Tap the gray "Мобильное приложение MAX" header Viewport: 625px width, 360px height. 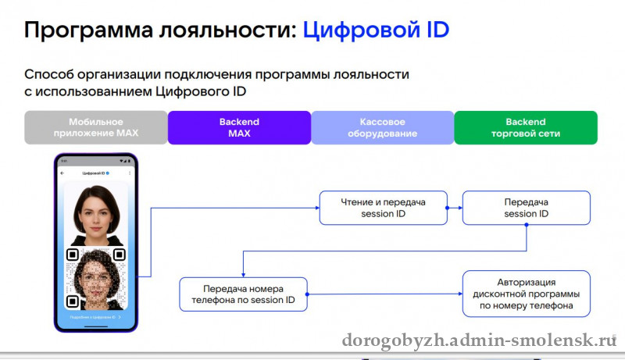(x=96, y=127)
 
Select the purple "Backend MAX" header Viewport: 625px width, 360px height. (x=239, y=127)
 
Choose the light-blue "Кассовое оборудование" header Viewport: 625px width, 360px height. (x=383, y=127)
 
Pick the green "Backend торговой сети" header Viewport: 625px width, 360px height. (x=525, y=127)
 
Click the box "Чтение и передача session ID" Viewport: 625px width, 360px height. (x=383, y=208)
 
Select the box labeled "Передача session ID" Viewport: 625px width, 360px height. (x=526, y=208)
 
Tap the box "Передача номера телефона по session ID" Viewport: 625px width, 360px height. (x=243, y=294)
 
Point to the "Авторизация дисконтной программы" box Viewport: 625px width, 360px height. (x=526, y=294)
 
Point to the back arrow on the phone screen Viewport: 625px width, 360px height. (x=62, y=173)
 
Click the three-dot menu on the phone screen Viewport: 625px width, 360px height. (x=129, y=173)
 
